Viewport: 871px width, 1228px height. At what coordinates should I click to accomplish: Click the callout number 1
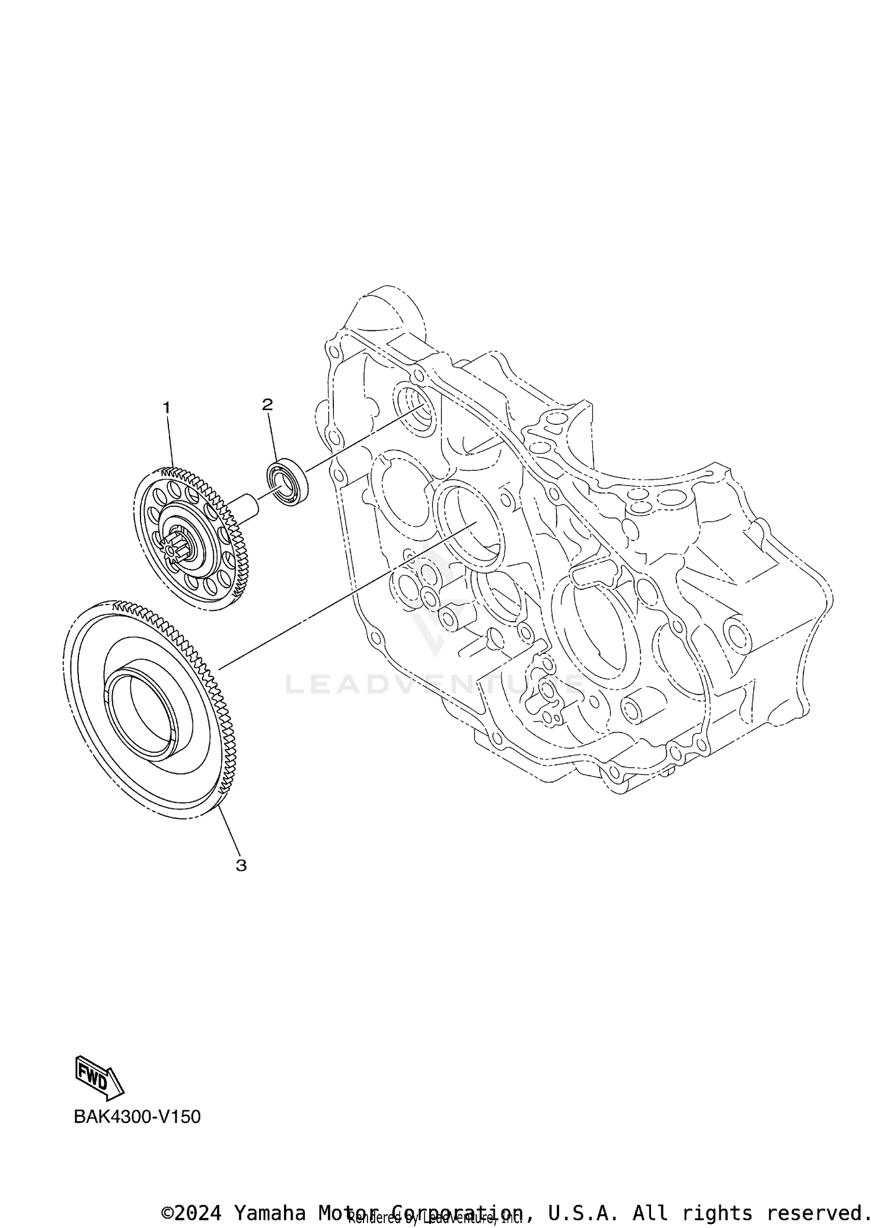click(x=167, y=408)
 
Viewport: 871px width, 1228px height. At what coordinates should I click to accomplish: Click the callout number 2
click(x=267, y=404)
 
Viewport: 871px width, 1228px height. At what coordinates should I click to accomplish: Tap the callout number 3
click(x=241, y=881)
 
